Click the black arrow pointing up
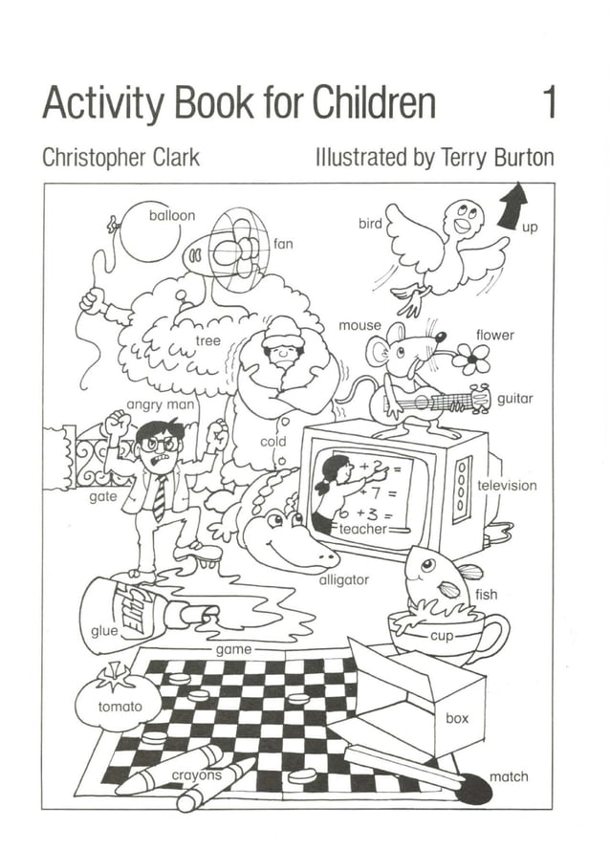coord(514,206)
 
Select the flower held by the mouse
coord(471,360)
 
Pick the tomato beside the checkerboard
coord(117,703)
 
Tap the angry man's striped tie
coord(160,498)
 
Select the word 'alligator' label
coord(343,579)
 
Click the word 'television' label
coord(507,485)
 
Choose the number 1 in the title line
coord(549,103)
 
